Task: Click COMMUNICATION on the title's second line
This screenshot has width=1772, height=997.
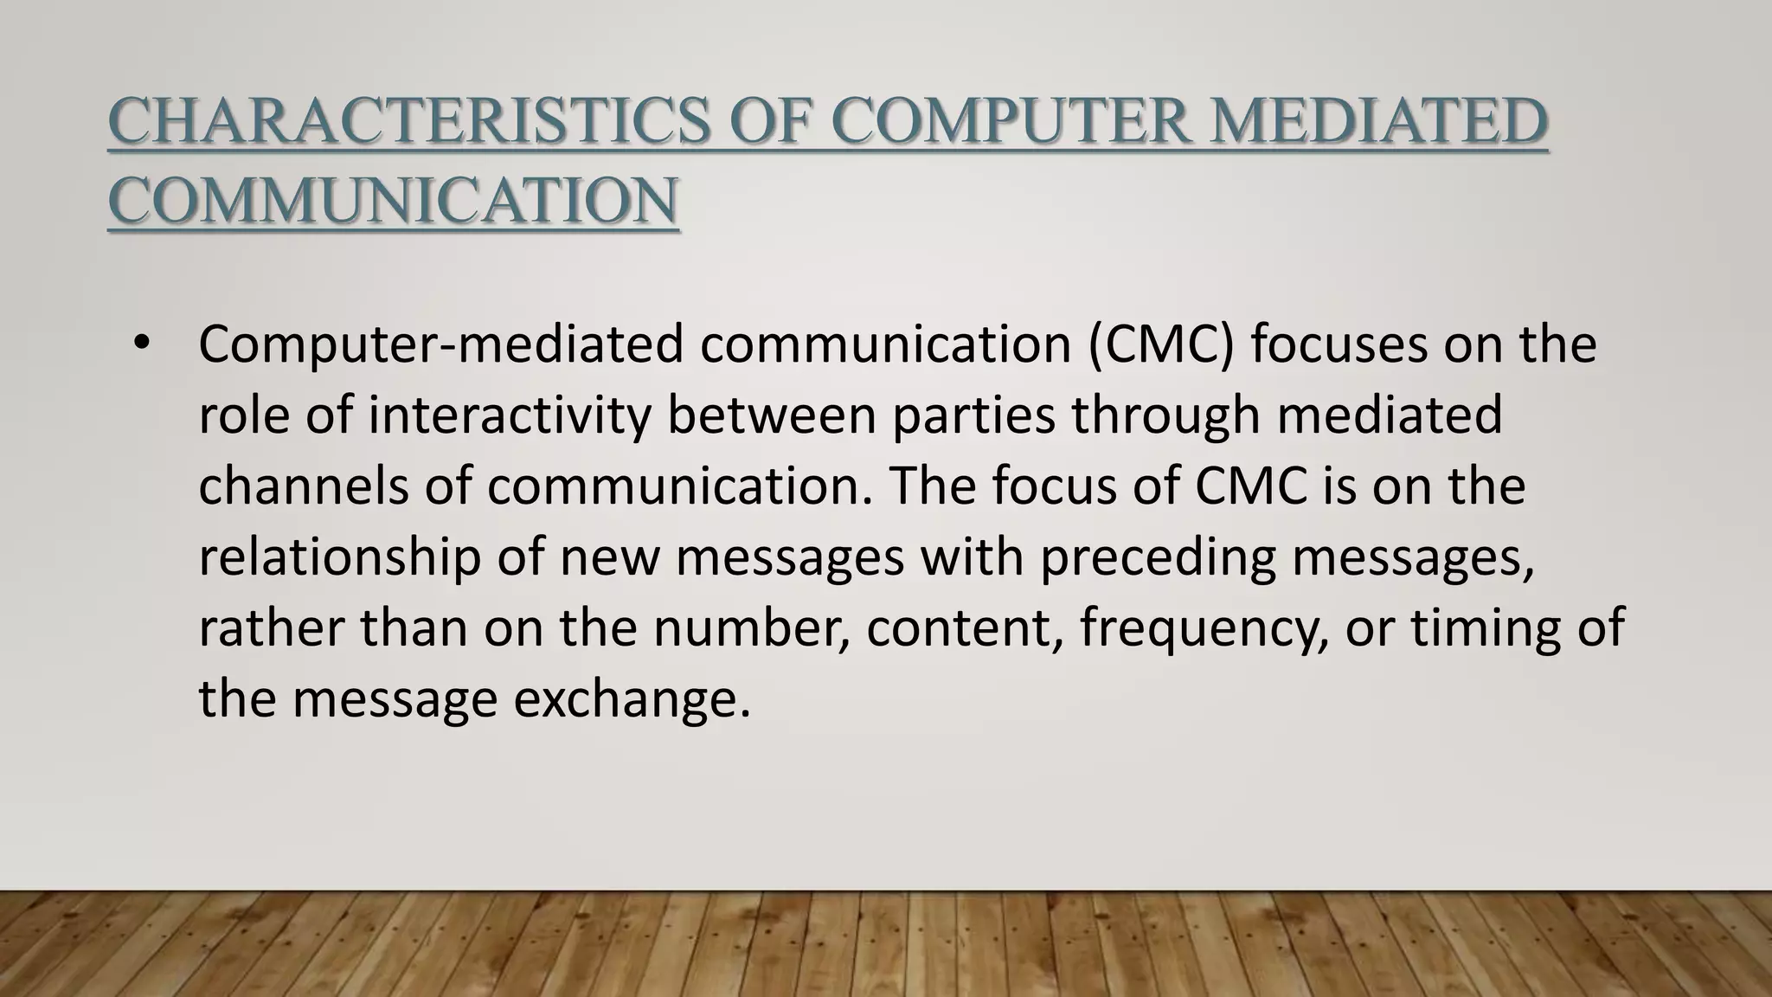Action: pyautogui.click(x=393, y=201)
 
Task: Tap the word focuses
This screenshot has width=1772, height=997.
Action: pyautogui.click(x=1336, y=344)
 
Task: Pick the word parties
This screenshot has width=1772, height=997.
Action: pyautogui.click(x=973, y=415)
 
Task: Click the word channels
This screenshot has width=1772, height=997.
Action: pyautogui.click(x=304, y=486)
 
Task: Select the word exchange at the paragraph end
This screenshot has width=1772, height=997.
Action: pyautogui.click(x=632, y=698)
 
